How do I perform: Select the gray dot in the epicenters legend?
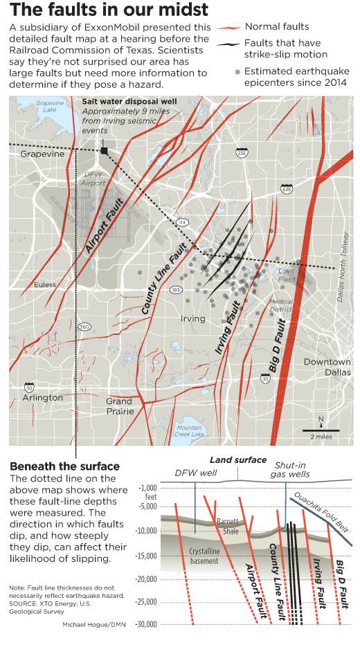point(237,71)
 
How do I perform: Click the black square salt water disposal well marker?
point(104,150)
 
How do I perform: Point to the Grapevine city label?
point(42,154)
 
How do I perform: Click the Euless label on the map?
point(46,284)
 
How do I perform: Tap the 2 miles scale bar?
point(319,431)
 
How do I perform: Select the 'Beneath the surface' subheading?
point(65,466)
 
